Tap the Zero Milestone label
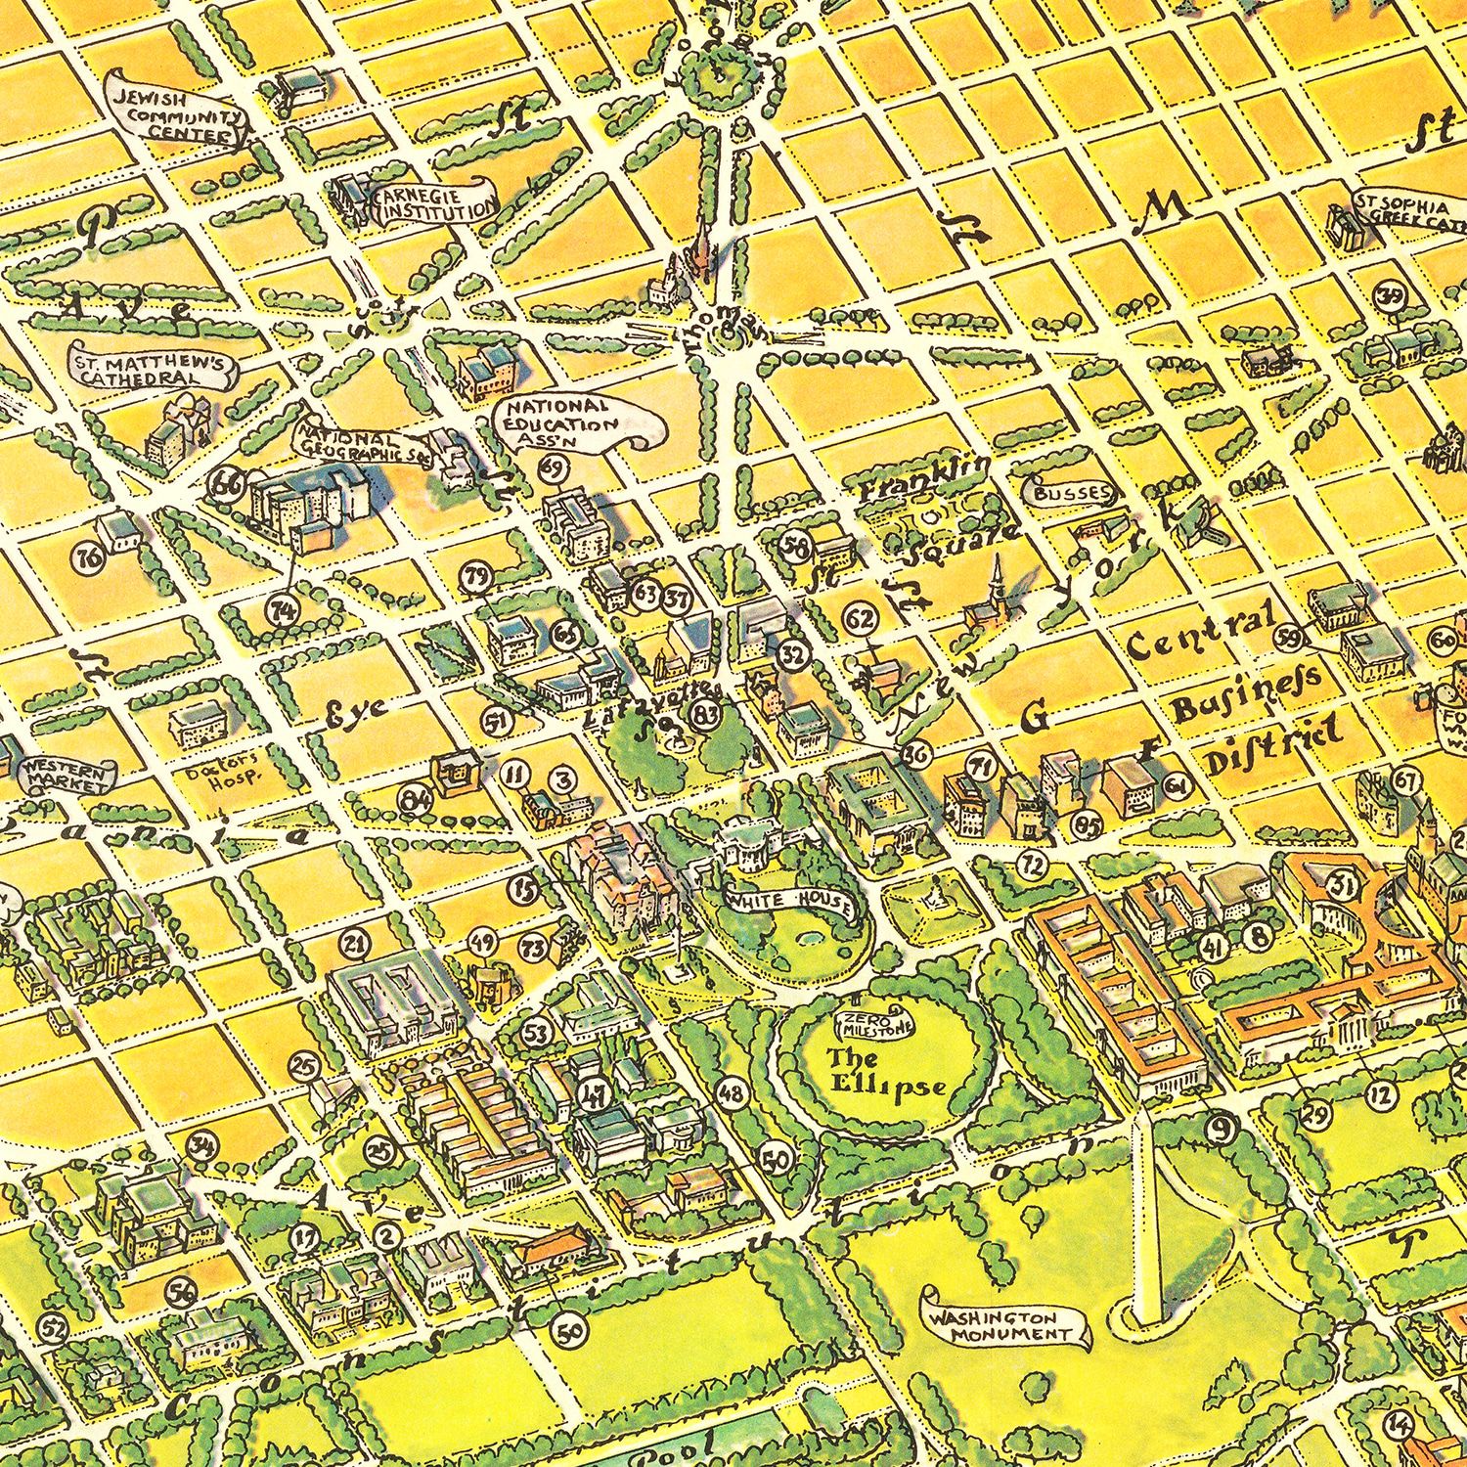pos(873,1023)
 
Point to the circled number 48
pos(732,1092)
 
